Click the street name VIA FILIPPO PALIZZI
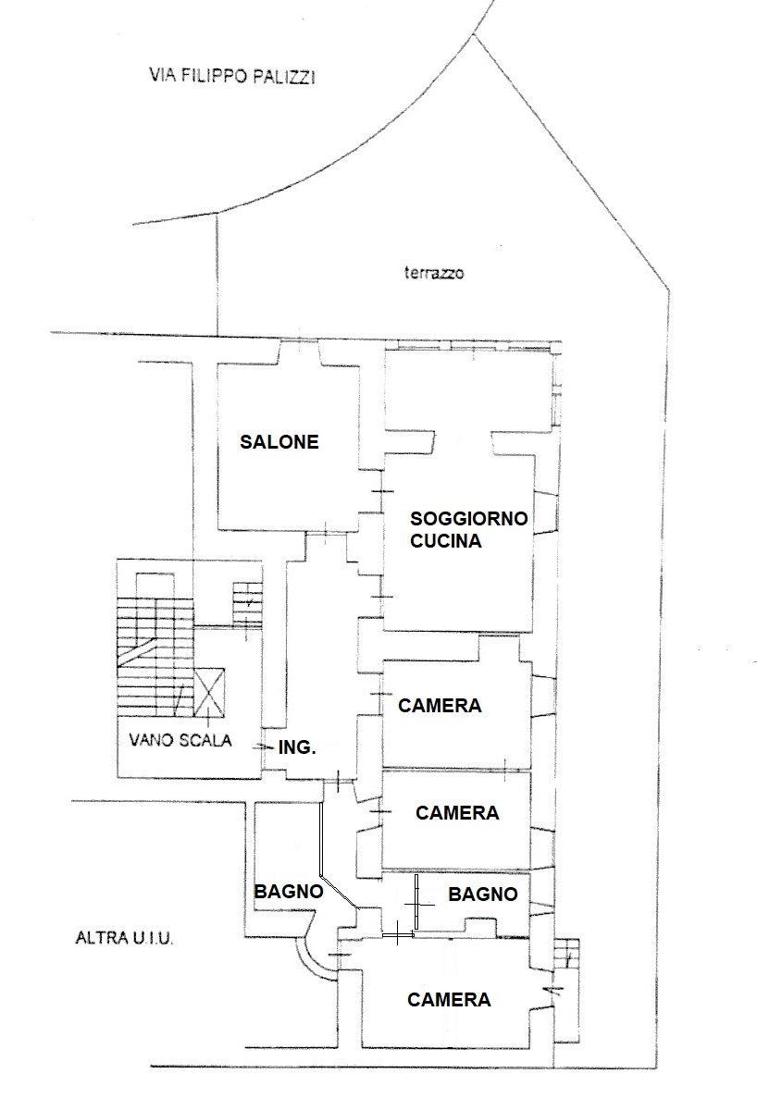point(231,76)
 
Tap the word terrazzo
point(433,273)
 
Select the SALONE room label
point(279,442)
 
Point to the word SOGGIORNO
point(468,518)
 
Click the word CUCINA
point(445,540)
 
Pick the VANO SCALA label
point(180,739)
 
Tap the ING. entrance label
point(297,747)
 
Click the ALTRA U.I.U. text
point(124,938)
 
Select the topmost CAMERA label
point(440,705)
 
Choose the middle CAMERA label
point(457,812)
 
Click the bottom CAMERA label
point(449,999)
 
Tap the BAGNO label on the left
point(289,892)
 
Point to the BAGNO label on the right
point(482,894)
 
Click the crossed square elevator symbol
point(209,693)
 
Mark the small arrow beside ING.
point(264,747)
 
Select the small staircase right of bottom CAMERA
point(567,954)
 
